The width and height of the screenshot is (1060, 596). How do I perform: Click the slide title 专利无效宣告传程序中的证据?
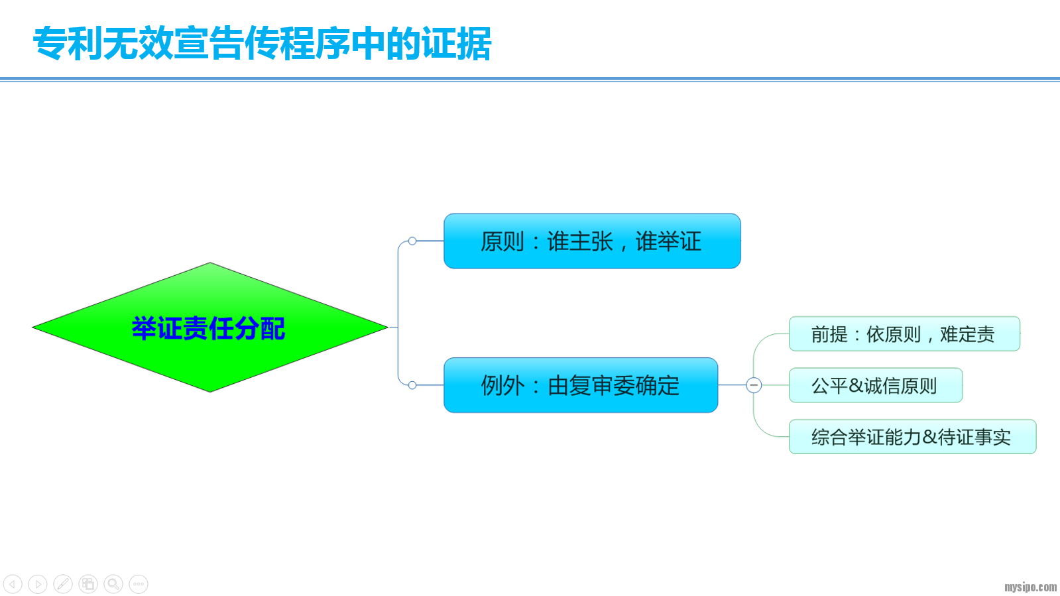[x=262, y=44]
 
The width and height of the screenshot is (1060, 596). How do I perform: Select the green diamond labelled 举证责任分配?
[x=209, y=328]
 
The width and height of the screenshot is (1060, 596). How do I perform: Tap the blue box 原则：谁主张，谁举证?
[x=591, y=241]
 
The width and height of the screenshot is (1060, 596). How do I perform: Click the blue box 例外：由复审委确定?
[x=580, y=385]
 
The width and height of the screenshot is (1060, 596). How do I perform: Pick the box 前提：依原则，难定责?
[x=904, y=334]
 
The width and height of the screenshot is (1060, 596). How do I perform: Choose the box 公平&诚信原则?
[x=875, y=385]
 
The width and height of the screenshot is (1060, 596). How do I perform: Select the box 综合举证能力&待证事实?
[x=912, y=437]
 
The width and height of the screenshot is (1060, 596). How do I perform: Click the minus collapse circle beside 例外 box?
[x=754, y=385]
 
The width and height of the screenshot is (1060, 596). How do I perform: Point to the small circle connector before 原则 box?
[x=412, y=241]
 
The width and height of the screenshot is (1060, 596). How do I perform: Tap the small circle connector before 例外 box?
[x=412, y=385]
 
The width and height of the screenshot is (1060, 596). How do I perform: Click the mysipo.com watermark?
[x=1030, y=587]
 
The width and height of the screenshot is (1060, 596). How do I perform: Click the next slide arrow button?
[x=38, y=584]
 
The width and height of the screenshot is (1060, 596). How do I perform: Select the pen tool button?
[x=63, y=584]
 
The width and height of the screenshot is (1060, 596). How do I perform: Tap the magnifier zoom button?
[x=113, y=584]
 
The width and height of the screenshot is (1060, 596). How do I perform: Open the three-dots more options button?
[x=139, y=584]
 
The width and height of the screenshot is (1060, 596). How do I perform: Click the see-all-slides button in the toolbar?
[x=88, y=584]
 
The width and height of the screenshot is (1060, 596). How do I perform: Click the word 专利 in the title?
[x=68, y=44]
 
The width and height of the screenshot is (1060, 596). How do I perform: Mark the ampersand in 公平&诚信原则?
[x=856, y=385]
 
